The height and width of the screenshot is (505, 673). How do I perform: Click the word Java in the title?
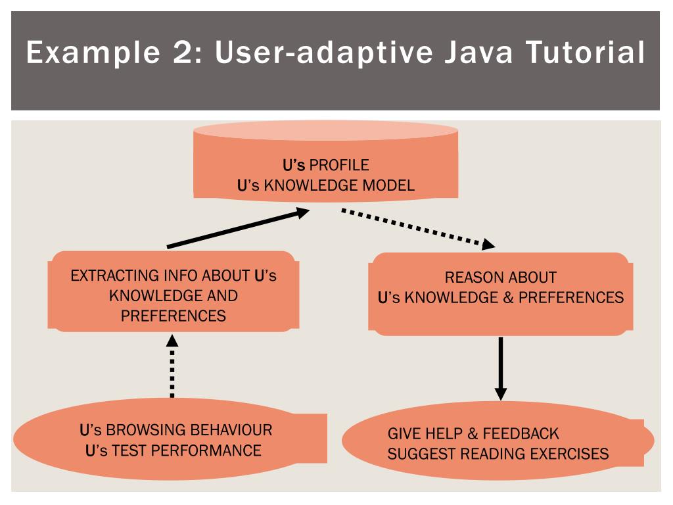(x=474, y=53)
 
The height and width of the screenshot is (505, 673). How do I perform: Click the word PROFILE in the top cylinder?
(x=339, y=164)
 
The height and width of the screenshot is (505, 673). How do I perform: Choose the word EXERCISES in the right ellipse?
(x=570, y=454)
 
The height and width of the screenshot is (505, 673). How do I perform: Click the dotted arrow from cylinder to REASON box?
(x=418, y=229)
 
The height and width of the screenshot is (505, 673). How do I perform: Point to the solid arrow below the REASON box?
(x=501, y=368)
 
